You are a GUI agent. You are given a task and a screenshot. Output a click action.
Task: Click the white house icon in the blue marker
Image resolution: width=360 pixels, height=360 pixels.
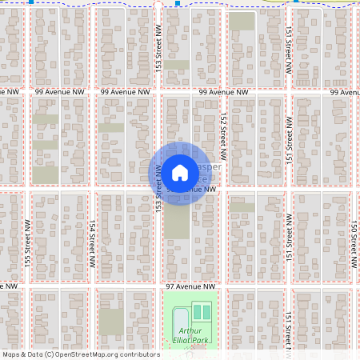[x=180, y=172]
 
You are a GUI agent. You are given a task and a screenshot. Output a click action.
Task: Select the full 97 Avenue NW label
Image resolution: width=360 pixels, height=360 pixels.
[x=190, y=286]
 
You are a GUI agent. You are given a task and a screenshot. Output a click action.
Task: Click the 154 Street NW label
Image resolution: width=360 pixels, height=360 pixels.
[x=93, y=244]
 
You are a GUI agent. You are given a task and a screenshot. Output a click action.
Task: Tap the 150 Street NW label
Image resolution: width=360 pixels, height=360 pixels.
[x=353, y=244]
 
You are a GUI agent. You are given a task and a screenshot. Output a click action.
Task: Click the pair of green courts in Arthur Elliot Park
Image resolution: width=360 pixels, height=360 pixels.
[x=202, y=311]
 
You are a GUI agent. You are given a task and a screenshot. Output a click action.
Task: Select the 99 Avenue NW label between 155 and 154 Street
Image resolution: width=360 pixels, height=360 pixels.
[x=60, y=93]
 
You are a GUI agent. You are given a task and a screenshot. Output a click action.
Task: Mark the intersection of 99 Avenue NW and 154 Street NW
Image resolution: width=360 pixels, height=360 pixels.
[x=93, y=93]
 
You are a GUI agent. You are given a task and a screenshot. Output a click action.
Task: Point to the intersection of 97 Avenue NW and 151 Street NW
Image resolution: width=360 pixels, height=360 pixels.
[x=288, y=286]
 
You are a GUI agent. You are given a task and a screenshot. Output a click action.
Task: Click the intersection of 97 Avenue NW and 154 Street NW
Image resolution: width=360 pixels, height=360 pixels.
[x=93, y=286]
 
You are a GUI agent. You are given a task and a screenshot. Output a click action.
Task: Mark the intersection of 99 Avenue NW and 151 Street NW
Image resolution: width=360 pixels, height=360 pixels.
[x=288, y=93]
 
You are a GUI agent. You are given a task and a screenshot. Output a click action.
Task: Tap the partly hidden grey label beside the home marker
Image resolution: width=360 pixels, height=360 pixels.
[x=206, y=169]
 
